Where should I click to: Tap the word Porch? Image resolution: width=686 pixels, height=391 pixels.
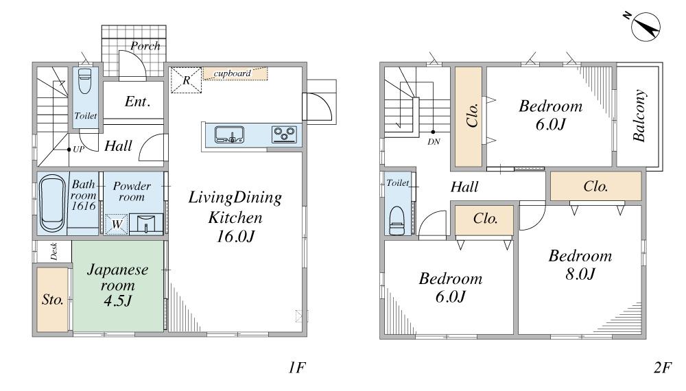tap(145, 46)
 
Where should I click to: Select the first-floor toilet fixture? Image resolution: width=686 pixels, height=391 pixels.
tap(85, 81)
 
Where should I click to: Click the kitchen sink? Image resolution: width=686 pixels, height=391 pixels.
tap(229, 134)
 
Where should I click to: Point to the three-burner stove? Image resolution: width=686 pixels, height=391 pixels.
tap(285, 134)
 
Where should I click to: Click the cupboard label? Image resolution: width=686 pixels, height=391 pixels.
tap(233, 73)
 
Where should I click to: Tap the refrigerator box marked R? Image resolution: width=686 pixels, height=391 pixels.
tap(187, 80)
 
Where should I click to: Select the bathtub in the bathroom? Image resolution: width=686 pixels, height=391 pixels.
tap(53, 203)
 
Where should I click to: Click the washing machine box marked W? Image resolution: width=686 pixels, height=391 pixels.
tap(117, 224)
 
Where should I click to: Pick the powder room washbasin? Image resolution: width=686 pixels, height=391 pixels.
tap(146, 224)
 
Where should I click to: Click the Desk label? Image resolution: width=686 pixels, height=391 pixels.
tap(54, 252)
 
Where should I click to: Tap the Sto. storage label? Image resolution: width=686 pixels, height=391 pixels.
tap(53, 300)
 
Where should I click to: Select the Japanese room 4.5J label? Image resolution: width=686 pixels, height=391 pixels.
tap(118, 285)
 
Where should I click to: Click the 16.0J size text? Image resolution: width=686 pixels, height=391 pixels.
tap(235, 237)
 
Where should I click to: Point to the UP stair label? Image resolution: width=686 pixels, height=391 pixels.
tap(78, 149)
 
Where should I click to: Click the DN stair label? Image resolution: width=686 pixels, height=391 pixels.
tap(434, 142)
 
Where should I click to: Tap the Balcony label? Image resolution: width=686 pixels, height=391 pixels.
tap(639, 116)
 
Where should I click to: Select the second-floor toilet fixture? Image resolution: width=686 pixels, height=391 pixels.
tap(397, 221)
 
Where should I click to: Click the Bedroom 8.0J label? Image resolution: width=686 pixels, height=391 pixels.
tap(580, 264)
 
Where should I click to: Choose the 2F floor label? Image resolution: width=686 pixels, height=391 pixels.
tap(663, 368)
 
